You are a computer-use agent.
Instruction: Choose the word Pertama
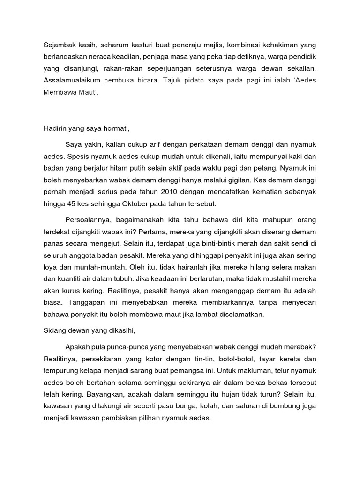pos(167,232)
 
